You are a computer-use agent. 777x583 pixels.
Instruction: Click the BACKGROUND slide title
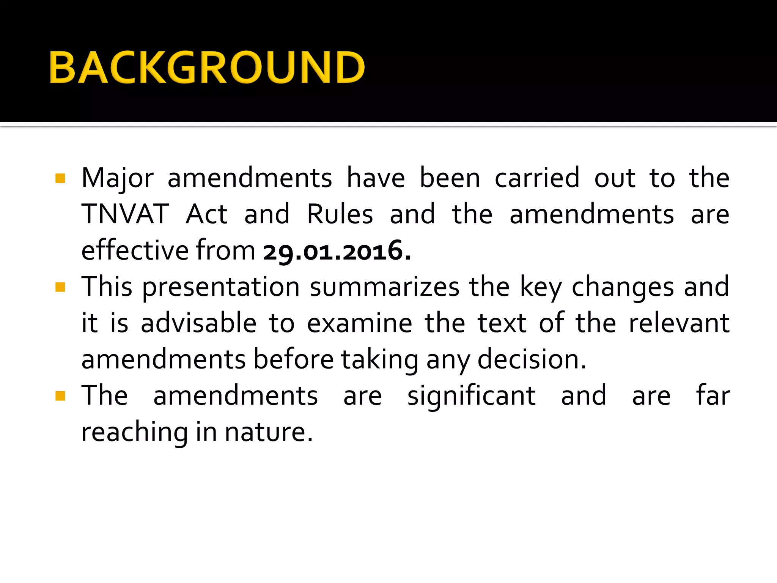(207, 67)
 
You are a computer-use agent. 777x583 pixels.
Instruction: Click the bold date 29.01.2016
(337, 251)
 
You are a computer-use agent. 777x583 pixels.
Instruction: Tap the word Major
(118, 178)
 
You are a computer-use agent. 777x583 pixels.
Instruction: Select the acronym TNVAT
(125, 214)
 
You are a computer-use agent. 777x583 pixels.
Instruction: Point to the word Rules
(340, 214)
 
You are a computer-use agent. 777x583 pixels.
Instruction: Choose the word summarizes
(385, 287)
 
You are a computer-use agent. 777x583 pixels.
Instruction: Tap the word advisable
(198, 323)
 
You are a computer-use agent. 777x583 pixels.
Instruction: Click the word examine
(359, 323)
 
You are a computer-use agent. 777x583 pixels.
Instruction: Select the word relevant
(679, 323)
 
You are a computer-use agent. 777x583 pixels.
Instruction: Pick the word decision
(532, 359)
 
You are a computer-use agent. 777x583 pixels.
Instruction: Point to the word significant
(472, 396)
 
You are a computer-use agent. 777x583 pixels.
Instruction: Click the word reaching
(134, 433)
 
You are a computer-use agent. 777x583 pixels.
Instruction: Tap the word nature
(269, 433)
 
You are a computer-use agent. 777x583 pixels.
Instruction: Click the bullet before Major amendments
(60, 178)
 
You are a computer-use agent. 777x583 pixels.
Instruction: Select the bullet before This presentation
(60, 287)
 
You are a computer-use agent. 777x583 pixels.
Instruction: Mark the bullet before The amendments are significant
(60, 396)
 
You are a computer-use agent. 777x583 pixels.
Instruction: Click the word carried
(537, 178)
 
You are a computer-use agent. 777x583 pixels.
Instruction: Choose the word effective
(135, 251)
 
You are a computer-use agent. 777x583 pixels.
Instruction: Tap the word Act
(206, 214)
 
